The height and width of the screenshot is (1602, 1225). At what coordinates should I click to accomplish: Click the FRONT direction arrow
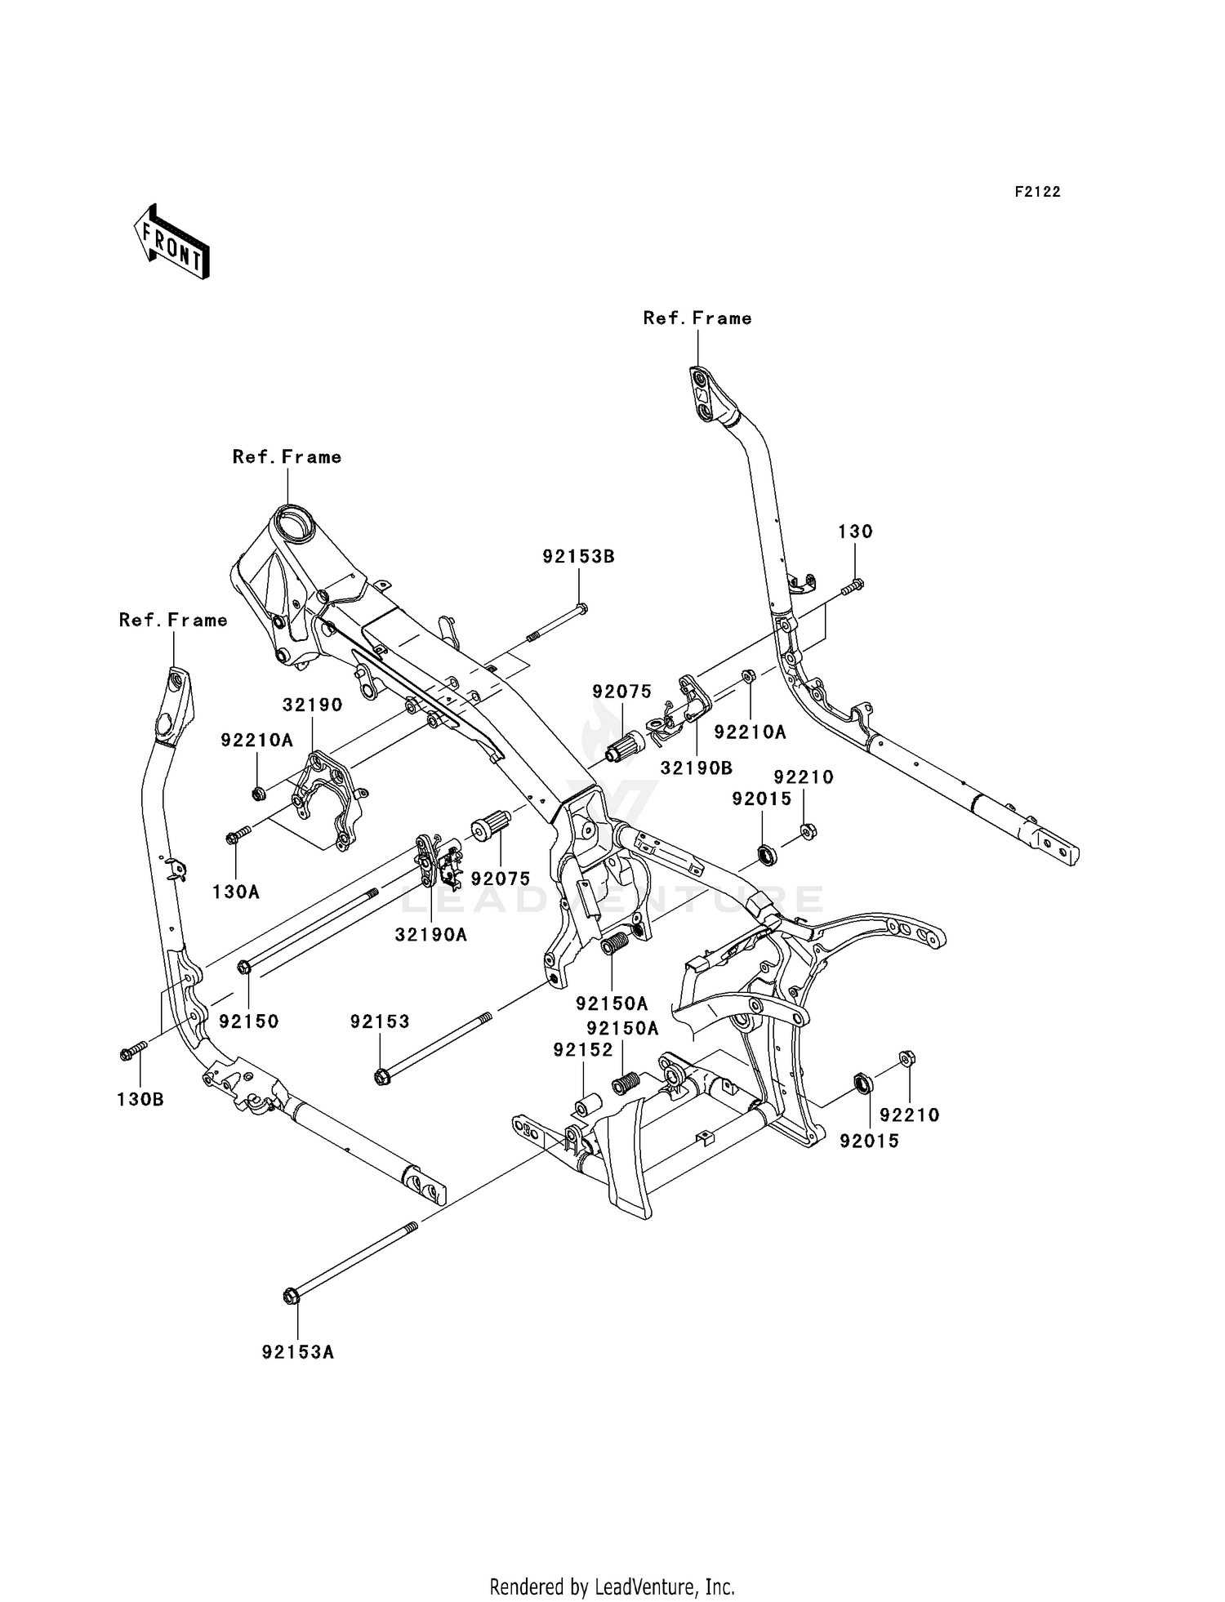tap(172, 243)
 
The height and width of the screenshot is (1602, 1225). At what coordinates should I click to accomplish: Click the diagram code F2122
tap(1037, 192)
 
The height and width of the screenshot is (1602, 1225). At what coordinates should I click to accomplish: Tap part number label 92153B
tap(578, 557)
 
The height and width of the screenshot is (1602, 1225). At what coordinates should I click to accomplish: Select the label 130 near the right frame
tap(855, 532)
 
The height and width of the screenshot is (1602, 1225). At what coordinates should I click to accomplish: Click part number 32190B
tap(696, 768)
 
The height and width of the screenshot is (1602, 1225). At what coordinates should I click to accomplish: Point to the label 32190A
tap(431, 935)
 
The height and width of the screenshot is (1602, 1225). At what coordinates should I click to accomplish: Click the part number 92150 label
tap(249, 1021)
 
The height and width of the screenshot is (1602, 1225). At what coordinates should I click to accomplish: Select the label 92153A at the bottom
tap(298, 1352)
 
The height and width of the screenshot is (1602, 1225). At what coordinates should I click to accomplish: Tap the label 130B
tap(140, 1100)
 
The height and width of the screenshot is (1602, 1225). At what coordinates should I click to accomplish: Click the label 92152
tap(583, 1050)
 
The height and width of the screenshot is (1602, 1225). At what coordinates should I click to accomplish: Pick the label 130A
tap(236, 892)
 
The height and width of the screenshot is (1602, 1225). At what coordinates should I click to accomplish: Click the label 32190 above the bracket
tap(313, 704)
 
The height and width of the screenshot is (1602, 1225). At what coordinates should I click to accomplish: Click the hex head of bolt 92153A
tap(291, 1296)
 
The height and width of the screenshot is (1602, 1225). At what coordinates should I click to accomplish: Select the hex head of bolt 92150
tap(243, 968)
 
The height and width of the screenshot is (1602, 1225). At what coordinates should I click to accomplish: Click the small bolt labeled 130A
tap(238, 835)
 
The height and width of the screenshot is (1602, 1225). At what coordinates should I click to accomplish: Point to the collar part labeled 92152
tap(584, 1108)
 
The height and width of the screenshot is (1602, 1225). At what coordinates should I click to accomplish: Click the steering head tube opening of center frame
tap(293, 520)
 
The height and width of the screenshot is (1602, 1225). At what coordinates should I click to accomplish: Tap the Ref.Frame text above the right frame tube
tap(697, 318)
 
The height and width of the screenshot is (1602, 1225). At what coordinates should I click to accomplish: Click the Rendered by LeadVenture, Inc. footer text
tap(612, 1586)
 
